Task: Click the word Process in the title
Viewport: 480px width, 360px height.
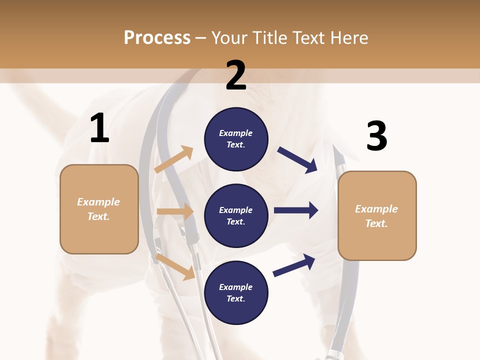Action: click(x=157, y=37)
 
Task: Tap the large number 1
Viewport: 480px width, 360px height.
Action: click(x=99, y=128)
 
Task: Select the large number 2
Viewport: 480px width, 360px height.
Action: click(x=236, y=75)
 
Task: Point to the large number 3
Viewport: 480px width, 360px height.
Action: click(x=376, y=136)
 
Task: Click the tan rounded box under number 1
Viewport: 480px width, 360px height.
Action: click(x=99, y=209)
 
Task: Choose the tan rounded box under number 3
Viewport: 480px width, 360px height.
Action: click(x=377, y=215)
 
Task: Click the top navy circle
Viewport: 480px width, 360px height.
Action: click(x=236, y=139)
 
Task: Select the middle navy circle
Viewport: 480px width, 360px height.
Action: click(x=236, y=215)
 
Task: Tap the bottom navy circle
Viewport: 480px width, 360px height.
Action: click(x=236, y=292)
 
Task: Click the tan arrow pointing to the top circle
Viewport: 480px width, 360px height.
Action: click(x=174, y=159)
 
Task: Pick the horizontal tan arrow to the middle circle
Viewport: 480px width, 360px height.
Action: click(x=175, y=211)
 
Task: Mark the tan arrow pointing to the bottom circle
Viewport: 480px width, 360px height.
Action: click(x=175, y=266)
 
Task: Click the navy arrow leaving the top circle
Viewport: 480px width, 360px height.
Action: click(x=297, y=160)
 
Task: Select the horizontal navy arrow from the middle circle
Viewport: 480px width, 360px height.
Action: click(x=296, y=210)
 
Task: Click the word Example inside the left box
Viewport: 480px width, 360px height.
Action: click(x=98, y=202)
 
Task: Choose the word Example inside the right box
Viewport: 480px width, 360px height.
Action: click(x=376, y=209)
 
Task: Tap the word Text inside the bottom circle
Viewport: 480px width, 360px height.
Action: click(x=235, y=298)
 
